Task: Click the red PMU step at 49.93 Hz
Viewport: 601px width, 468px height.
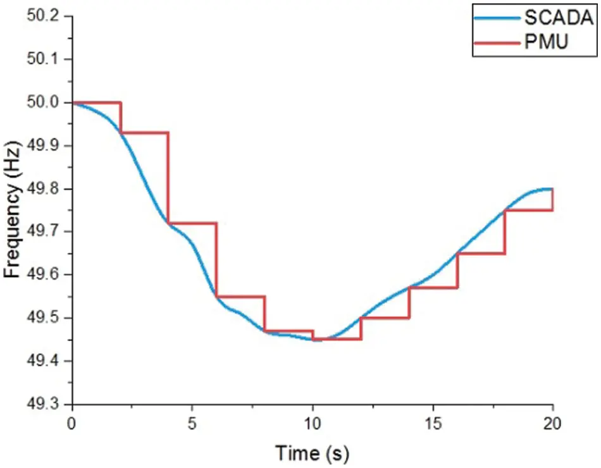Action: pyautogui.click(x=144, y=133)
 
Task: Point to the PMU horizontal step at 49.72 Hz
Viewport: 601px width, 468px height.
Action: pyautogui.click(x=192, y=223)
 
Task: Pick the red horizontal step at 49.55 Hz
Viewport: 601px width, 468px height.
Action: pyautogui.click(x=240, y=297)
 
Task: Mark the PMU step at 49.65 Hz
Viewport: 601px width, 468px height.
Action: pyautogui.click(x=481, y=254)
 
